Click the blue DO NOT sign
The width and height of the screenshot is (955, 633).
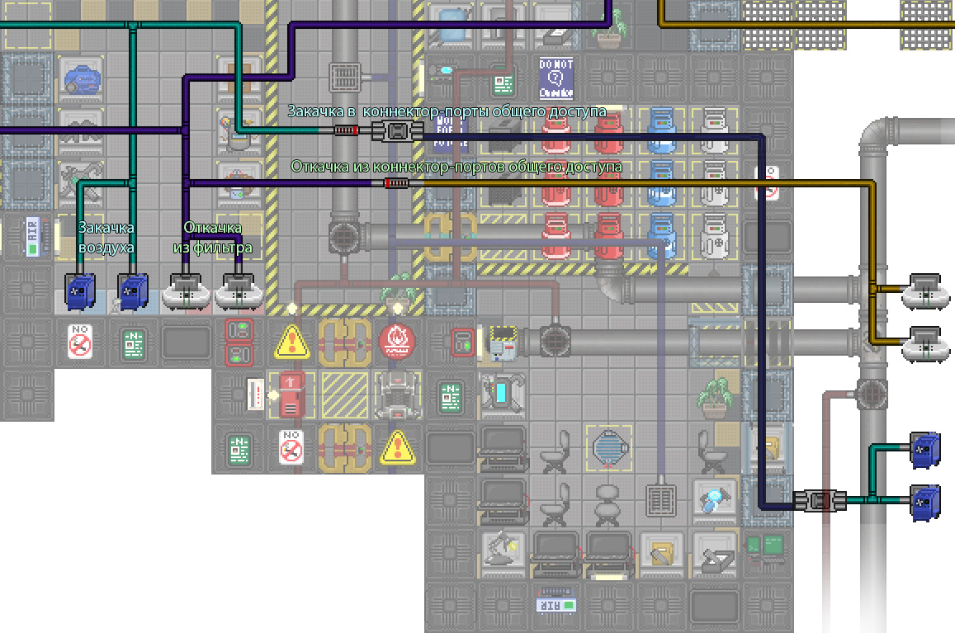click(x=556, y=77)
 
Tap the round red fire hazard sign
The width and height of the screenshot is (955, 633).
click(x=397, y=341)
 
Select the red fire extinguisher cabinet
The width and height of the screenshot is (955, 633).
click(x=291, y=394)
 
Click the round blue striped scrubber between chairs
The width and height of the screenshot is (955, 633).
click(x=609, y=447)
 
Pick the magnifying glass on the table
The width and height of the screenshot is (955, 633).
click(x=713, y=499)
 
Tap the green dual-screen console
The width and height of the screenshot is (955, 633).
click(x=765, y=546)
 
